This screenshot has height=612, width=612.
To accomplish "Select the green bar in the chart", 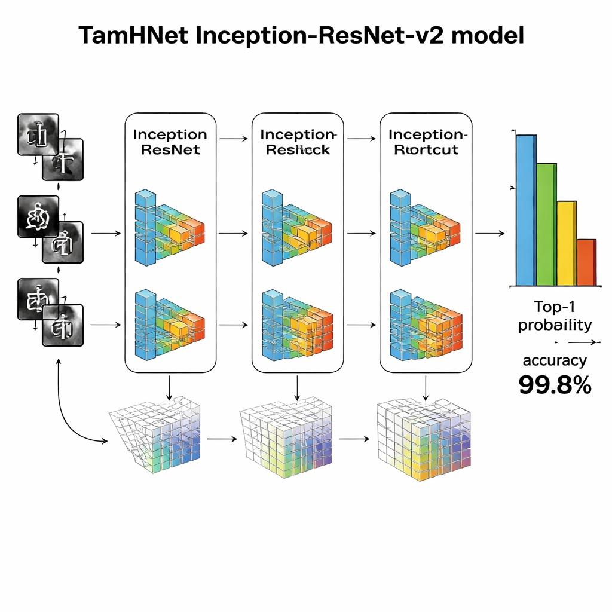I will pos(546,224).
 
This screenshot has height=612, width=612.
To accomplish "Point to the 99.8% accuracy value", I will pos(555,385).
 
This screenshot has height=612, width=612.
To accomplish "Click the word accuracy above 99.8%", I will pos(555,360).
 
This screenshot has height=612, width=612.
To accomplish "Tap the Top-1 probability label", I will pos(555,316).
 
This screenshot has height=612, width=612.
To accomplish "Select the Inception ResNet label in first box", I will pos(170,142).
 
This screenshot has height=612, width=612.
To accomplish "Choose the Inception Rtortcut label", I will pos(426,142).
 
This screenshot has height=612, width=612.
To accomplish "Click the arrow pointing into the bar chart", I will pos(489,234).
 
